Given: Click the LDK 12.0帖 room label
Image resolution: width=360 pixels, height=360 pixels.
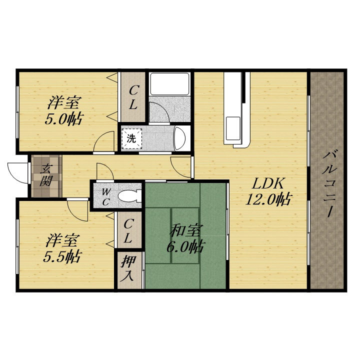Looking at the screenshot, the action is coord(268,191).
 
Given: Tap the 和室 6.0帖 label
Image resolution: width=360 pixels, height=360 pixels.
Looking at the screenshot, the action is coord(185,239).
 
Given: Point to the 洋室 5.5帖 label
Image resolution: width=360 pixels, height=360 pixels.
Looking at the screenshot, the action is coord(62,248).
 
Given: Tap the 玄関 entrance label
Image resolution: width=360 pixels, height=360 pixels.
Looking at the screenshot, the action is coord(46,175).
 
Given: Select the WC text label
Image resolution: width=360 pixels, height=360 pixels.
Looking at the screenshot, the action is coord(105,196).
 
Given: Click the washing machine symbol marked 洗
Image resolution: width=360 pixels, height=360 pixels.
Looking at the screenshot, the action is coord(131,138).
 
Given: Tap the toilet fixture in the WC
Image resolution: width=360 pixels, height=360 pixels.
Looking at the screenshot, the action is coord(129,196).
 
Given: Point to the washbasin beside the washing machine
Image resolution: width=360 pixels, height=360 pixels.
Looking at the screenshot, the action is coord(180,138).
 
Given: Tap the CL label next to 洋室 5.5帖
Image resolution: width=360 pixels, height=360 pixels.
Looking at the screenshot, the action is coord(128,231).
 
